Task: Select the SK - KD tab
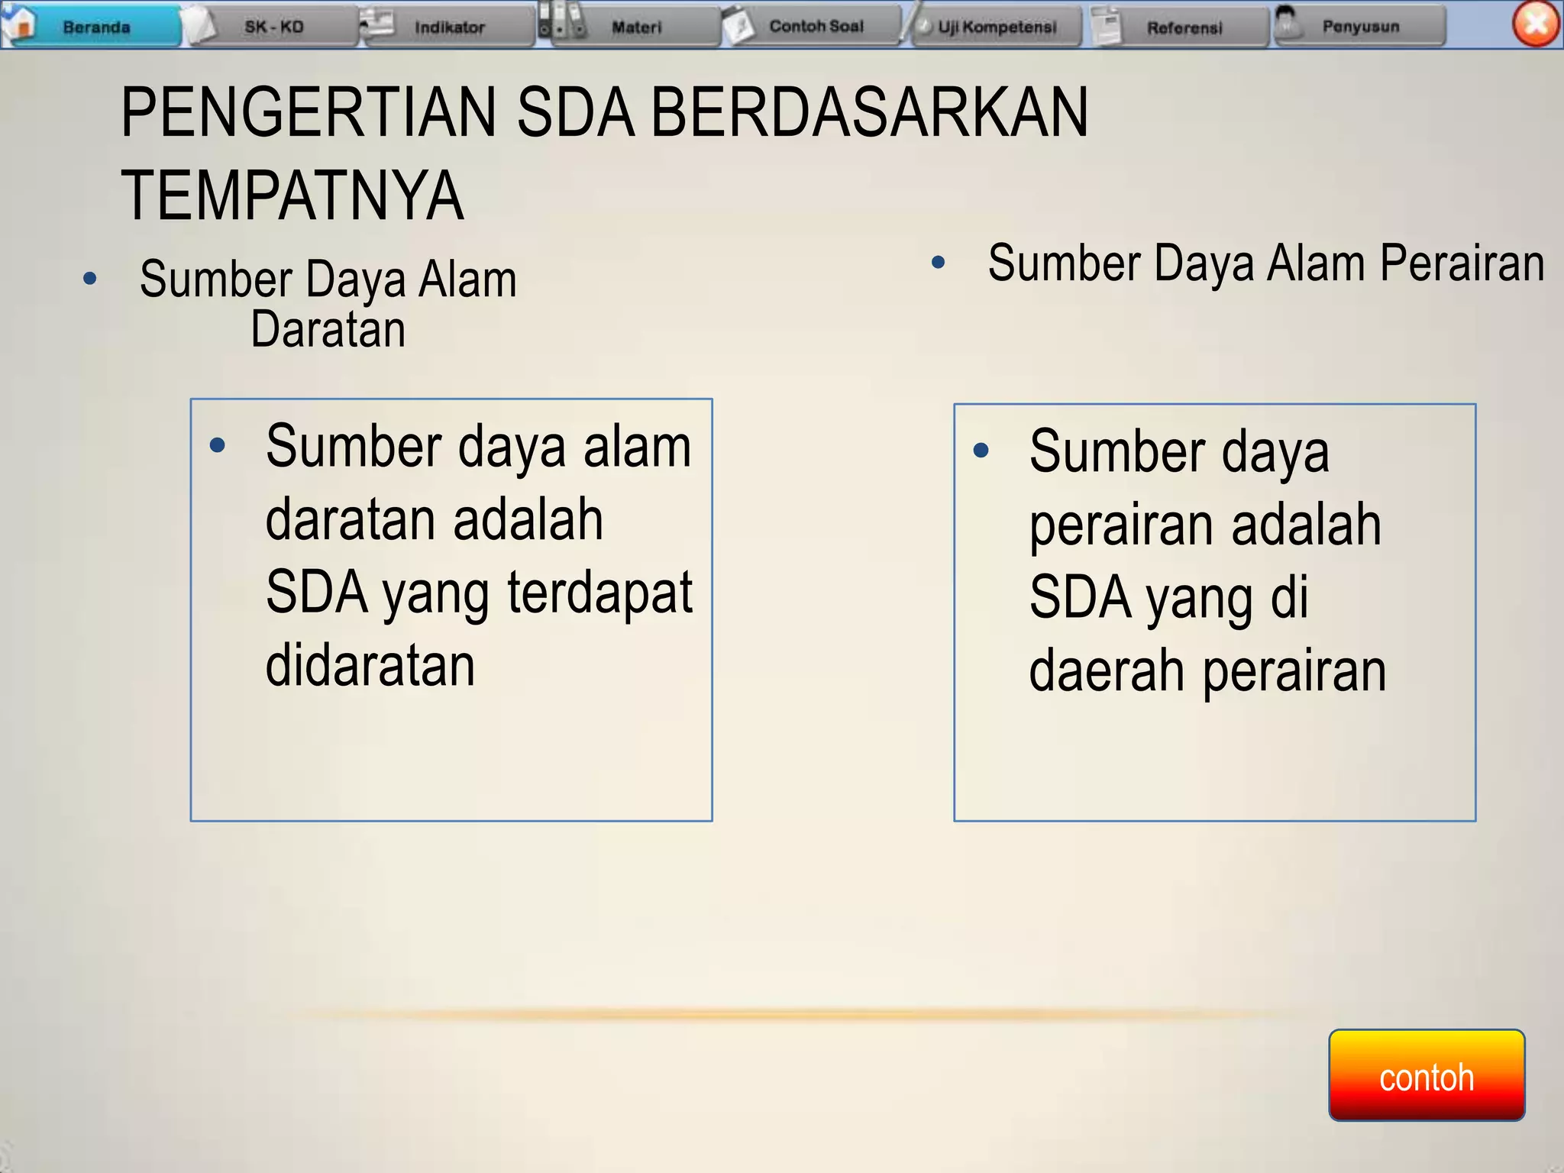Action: [273, 27]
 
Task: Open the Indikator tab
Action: [449, 27]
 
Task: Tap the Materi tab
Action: [635, 27]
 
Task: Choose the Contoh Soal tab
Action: [815, 27]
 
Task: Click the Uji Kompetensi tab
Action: [996, 27]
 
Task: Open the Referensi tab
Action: [1183, 27]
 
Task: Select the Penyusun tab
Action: [1360, 27]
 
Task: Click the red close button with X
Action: [1536, 24]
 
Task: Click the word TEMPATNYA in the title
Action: [292, 196]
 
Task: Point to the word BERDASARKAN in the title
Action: [869, 113]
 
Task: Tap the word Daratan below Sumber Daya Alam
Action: [328, 330]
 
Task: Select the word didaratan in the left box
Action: [370, 665]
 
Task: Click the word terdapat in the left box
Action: [599, 593]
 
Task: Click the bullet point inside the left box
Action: [218, 445]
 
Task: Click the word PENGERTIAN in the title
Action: [309, 113]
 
